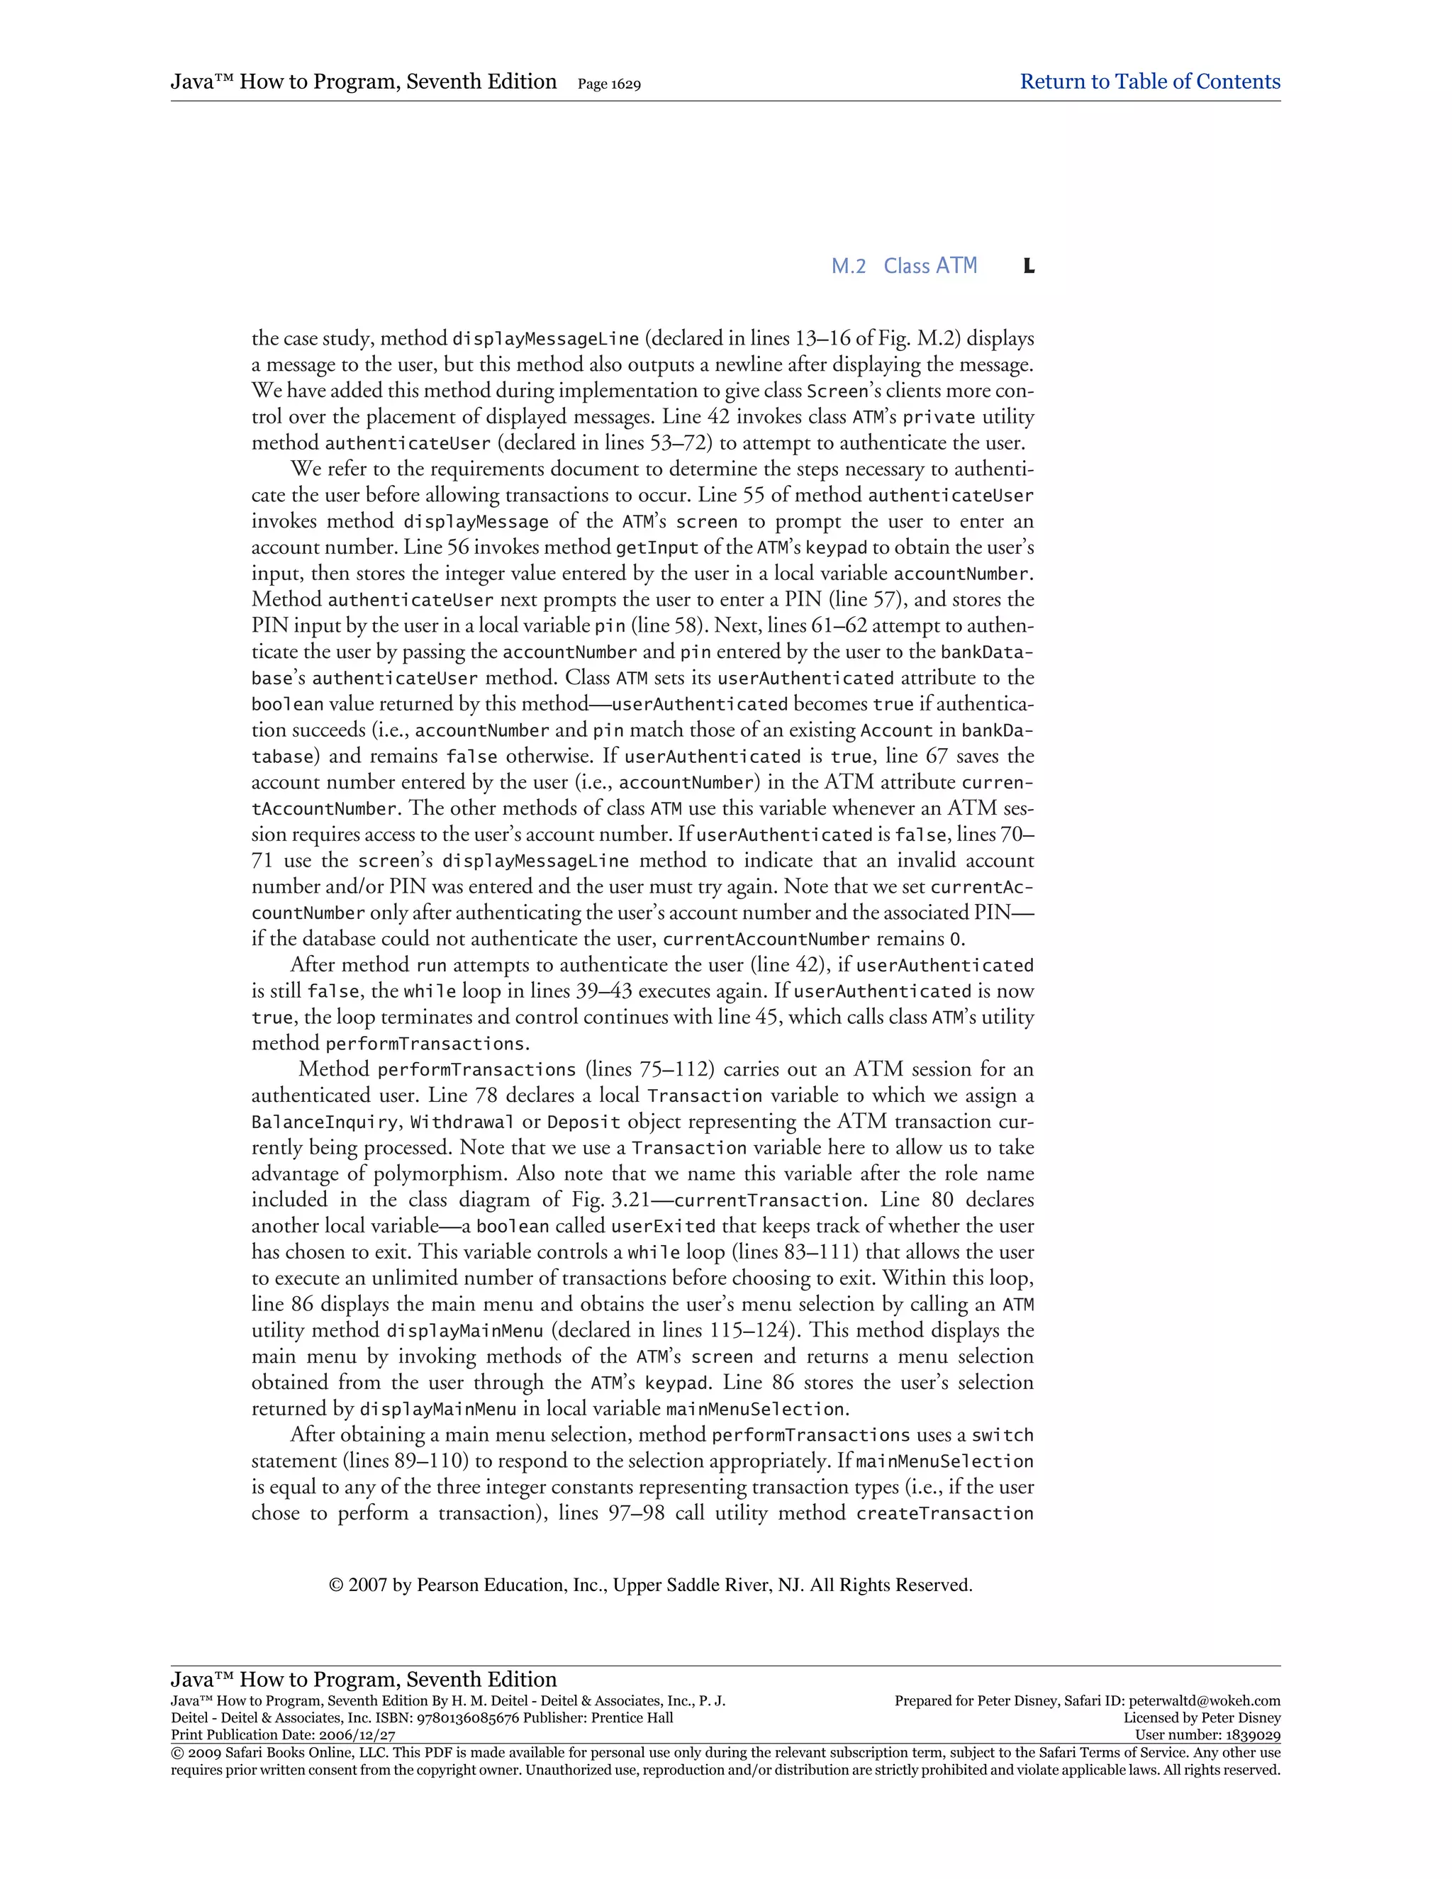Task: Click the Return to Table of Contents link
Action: [1149, 82]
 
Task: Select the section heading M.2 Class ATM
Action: [903, 266]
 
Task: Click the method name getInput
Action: [657, 547]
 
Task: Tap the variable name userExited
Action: [662, 1226]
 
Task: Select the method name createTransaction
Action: [944, 1513]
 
